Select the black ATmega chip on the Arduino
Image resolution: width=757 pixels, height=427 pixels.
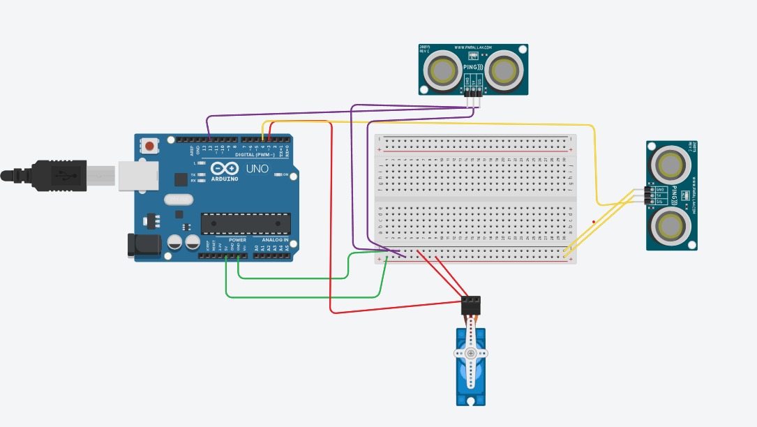click(x=246, y=223)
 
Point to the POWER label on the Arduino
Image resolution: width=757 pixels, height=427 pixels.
click(x=237, y=239)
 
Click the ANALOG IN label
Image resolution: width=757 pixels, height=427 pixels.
click(x=276, y=239)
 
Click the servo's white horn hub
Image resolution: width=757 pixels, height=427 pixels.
click(x=471, y=354)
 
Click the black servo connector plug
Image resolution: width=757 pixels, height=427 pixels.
click(x=472, y=304)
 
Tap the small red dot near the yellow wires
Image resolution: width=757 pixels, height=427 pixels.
click(x=594, y=222)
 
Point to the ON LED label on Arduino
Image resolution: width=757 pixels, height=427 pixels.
click(x=285, y=174)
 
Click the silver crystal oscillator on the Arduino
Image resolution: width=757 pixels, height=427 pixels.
click(x=178, y=200)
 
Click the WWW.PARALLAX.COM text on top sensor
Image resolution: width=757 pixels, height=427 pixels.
click(x=474, y=48)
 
